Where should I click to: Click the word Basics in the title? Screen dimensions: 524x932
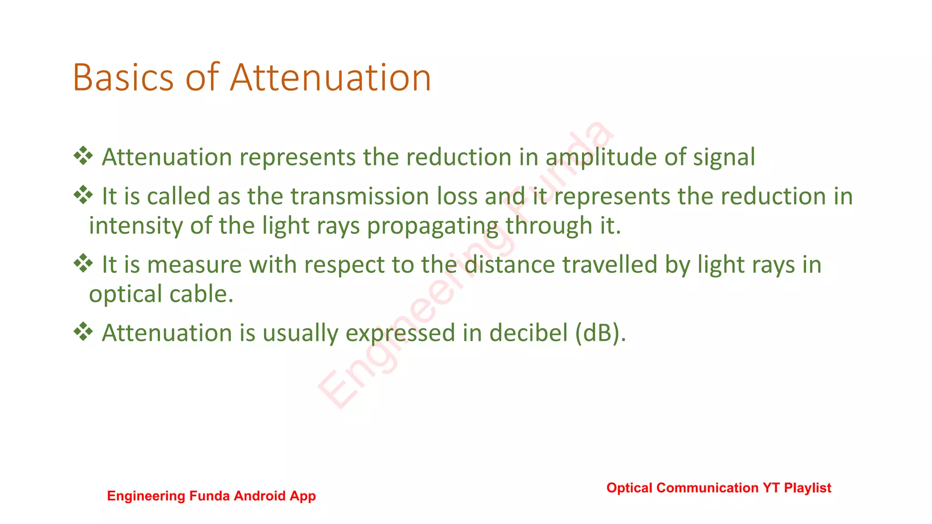tap(123, 77)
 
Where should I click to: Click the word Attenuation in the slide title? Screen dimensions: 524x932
tap(330, 77)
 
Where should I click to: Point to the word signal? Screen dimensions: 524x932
tap(724, 157)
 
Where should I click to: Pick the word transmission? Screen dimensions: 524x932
tap(360, 196)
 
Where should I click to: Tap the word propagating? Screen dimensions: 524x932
tap(432, 226)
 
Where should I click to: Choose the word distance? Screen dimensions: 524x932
tap(509, 265)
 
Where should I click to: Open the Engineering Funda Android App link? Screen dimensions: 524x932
tap(211, 496)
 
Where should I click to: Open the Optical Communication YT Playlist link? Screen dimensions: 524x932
tap(719, 488)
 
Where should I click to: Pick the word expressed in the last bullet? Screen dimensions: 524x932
tap(400, 333)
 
